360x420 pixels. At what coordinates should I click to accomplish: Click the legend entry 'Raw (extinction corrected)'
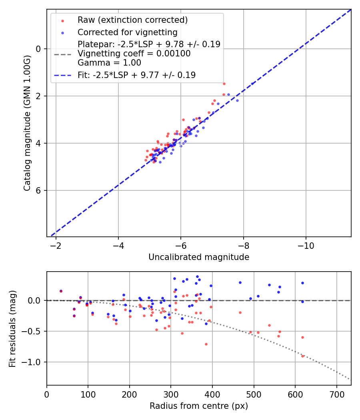click(132, 20)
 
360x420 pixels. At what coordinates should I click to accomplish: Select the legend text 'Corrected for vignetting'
click(127, 32)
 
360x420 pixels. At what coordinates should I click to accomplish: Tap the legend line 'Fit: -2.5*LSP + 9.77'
click(136, 75)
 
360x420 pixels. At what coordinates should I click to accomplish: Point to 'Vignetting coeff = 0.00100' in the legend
click(134, 54)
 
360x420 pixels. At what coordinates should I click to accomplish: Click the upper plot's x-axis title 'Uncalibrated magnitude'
click(199, 257)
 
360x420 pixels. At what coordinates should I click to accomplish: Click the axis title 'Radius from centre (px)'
click(199, 406)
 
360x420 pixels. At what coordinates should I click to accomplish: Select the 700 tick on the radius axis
click(336, 394)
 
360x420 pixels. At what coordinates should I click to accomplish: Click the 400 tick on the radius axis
click(212, 394)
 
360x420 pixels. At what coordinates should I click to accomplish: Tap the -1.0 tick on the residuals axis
click(34, 362)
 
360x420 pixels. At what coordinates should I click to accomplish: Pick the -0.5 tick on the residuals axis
click(34, 331)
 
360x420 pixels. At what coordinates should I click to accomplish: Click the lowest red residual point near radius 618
click(302, 356)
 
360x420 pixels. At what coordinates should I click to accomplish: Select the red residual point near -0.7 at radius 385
click(206, 344)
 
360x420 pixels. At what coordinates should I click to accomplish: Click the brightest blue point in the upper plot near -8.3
click(252, 84)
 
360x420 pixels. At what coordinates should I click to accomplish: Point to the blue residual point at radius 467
click(240, 282)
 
